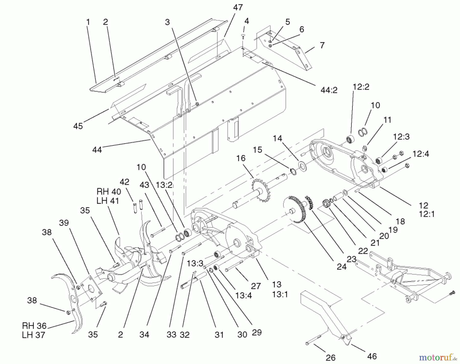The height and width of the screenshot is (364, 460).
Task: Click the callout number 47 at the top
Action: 238,8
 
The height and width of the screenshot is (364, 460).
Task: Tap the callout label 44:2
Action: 328,90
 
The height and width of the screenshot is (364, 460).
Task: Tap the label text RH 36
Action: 34,326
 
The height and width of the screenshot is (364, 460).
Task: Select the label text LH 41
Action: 108,201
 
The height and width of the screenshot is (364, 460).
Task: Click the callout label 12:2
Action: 361,87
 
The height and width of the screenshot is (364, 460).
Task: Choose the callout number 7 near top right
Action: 322,45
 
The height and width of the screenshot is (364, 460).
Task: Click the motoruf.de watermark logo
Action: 438,357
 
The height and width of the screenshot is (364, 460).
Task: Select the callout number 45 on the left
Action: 78,126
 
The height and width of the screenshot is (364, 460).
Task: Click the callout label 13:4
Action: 244,296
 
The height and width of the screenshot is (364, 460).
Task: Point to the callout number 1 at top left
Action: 88,22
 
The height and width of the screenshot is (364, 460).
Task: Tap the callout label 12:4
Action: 421,154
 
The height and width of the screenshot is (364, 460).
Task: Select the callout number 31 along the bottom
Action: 219,335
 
